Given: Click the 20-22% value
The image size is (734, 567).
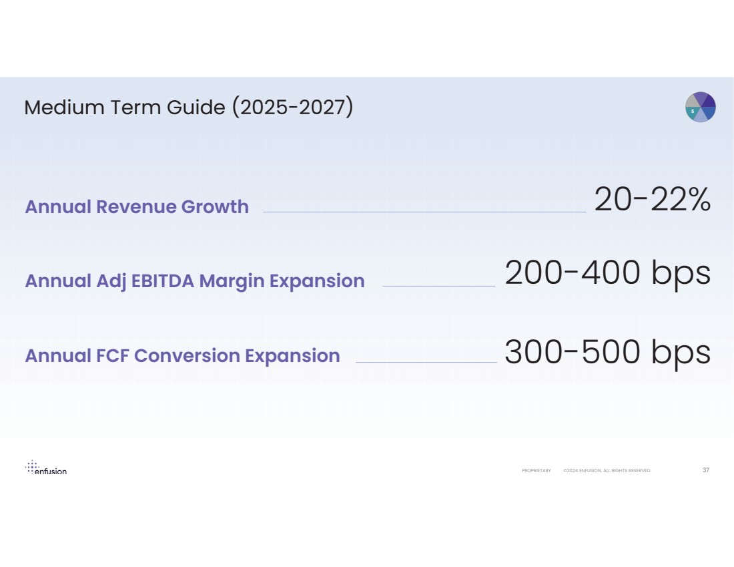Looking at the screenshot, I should [x=652, y=200].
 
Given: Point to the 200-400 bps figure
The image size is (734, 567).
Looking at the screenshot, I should [x=607, y=274].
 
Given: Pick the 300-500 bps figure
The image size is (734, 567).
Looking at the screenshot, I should [x=607, y=352].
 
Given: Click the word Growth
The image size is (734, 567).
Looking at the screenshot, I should [x=215, y=207].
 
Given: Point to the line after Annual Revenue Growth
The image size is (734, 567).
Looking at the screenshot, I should [x=424, y=212].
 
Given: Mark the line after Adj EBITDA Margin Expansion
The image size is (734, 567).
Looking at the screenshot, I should [x=438, y=287].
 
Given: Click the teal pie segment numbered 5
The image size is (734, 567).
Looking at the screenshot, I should [x=692, y=112].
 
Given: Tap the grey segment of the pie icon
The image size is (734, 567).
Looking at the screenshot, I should [x=693, y=101].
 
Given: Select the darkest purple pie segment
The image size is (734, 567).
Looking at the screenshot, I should [x=709, y=102].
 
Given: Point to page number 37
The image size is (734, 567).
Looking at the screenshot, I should [x=706, y=470].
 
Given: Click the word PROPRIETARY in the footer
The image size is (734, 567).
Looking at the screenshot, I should [x=536, y=471].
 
